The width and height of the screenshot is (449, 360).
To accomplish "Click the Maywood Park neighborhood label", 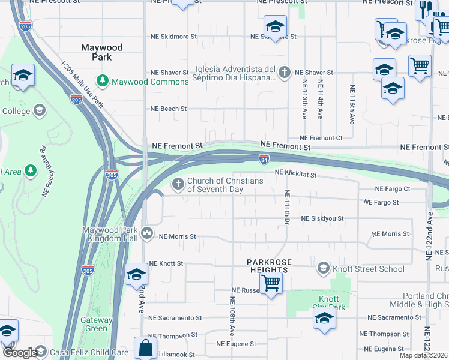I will [102, 52].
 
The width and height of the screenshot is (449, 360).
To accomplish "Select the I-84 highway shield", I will [265, 158].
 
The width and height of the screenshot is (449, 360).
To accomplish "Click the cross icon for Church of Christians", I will [178, 184].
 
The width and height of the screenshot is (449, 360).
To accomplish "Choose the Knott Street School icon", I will [324, 268].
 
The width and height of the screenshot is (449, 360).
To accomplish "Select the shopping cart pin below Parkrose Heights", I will [271, 283].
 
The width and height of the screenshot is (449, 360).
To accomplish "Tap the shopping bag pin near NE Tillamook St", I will [146, 348].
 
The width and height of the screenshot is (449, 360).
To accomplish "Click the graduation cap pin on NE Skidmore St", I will [275, 28].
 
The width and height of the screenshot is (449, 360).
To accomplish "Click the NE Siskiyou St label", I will [322, 219].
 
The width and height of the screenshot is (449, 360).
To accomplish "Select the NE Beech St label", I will [169, 109].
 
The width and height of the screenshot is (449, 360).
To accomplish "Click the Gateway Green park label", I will [97, 324].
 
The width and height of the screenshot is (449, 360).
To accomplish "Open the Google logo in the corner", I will [19, 353].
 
